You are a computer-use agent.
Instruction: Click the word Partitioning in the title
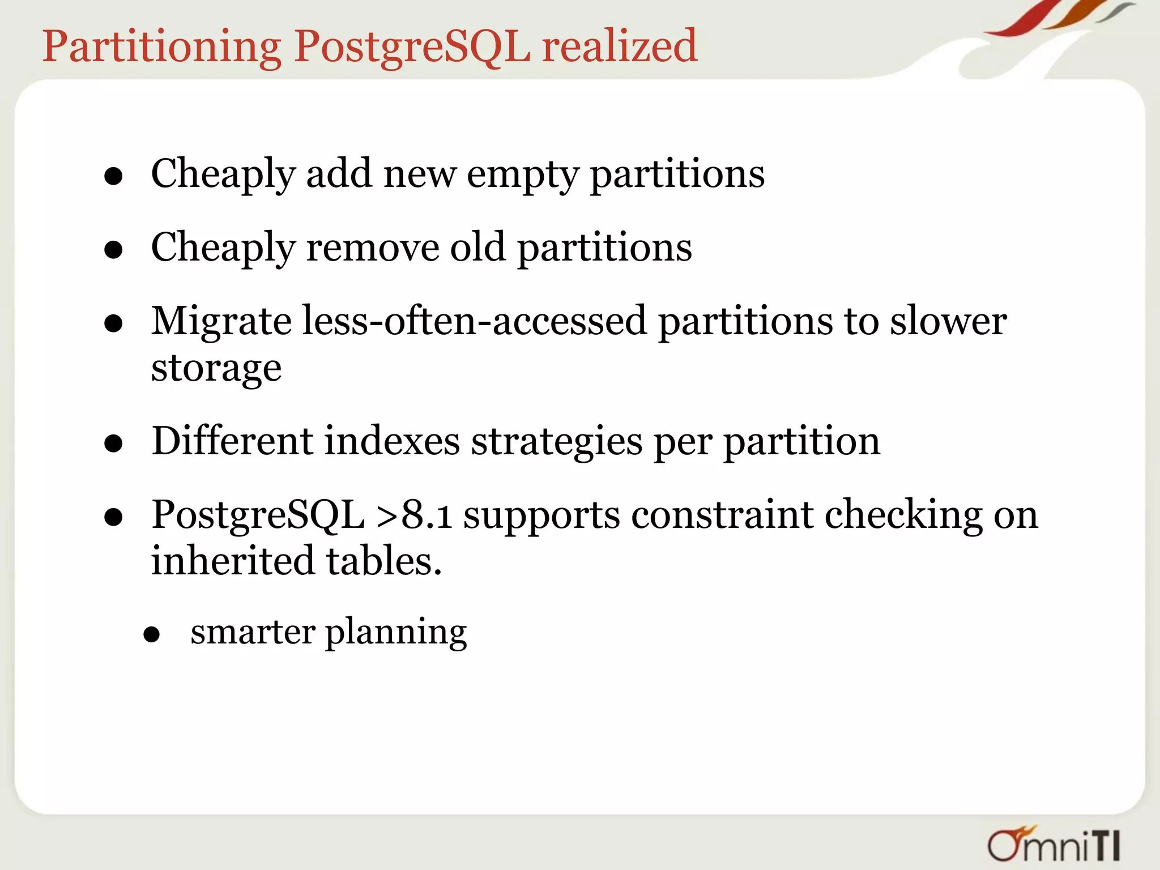tap(161, 46)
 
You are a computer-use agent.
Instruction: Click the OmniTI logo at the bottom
tap(1054, 845)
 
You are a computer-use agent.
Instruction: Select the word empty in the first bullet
tap(522, 175)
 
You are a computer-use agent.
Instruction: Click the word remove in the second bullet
tap(372, 248)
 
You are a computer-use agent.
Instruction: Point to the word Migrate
tap(221, 322)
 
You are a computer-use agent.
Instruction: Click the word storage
tap(216, 369)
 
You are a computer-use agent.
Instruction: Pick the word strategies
tap(556, 442)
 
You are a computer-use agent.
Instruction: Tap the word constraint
tap(722, 515)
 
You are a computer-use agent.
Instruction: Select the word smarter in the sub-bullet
tap(253, 632)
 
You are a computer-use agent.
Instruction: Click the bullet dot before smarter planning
tap(151, 635)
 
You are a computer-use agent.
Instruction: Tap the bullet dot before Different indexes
tap(114, 444)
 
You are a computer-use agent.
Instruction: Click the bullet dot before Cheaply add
tap(114, 177)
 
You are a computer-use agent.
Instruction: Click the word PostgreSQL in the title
tap(412, 46)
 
